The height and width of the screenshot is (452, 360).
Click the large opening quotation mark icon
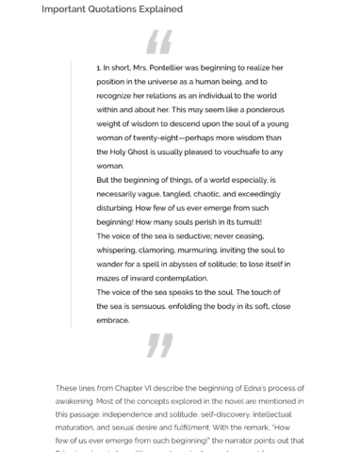(159, 43)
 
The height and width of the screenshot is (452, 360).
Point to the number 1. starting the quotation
(100, 69)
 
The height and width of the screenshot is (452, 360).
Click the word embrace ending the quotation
(114, 318)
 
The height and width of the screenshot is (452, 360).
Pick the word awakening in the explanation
(77, 400)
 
